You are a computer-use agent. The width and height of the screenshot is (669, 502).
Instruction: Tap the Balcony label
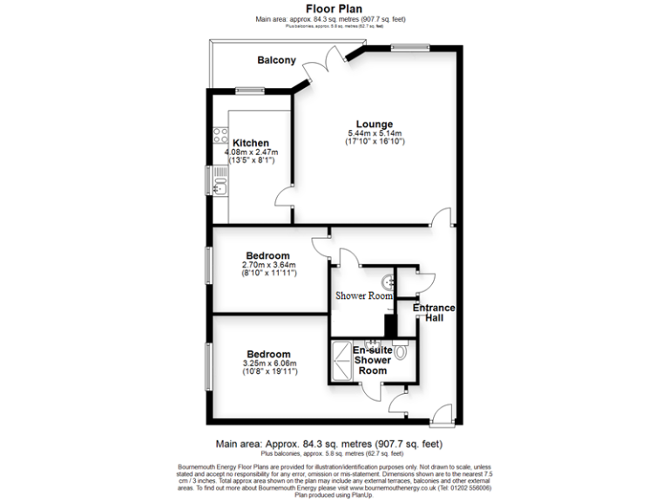point(276,61)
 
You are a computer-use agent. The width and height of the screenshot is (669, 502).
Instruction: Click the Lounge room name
point(375,124)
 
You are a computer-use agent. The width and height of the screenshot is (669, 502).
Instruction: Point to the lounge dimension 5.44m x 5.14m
point(375,132)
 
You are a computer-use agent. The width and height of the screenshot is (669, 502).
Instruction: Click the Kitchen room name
point(251,143)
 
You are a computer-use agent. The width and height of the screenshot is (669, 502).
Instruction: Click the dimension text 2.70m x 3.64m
point(269,265)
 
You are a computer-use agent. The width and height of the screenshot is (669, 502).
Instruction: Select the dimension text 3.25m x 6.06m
point(269,363)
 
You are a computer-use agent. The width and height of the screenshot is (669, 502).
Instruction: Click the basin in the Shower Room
point(388,282)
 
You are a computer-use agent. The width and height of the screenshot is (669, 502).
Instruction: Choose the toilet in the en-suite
point(401,353)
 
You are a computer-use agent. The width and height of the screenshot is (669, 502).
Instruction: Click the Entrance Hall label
point(432,314)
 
